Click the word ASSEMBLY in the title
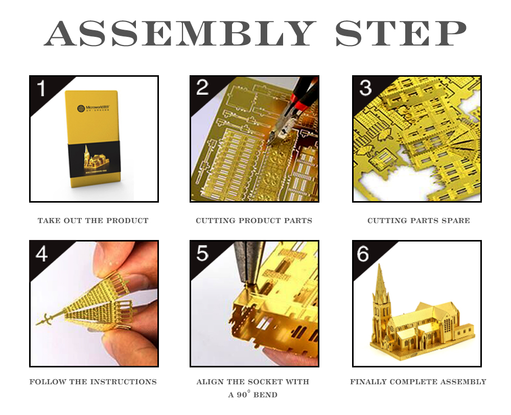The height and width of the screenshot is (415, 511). [180, 33]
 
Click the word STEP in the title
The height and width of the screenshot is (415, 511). [401, 33]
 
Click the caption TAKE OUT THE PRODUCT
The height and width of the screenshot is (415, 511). [93, 221]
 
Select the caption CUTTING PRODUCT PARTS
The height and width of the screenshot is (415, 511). [254, 221]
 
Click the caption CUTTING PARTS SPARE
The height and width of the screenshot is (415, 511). [419, 221]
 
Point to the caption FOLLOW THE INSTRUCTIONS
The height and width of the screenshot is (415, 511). [93, 382]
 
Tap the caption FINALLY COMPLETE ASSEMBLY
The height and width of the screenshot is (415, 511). [418, 382]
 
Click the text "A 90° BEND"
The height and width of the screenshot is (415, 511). [252, 395]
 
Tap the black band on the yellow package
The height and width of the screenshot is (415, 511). [95, 160]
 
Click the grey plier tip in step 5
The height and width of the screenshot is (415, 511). [246, 264]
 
